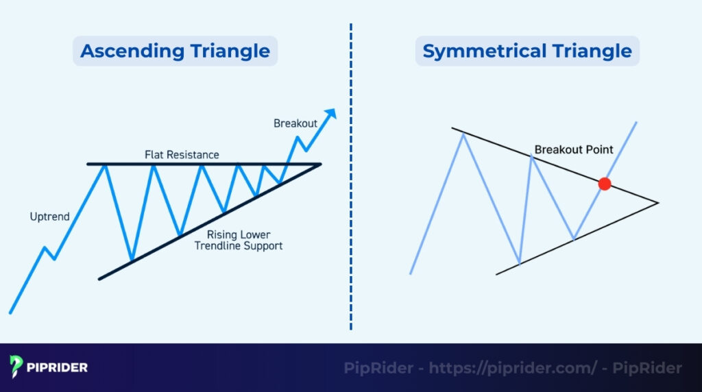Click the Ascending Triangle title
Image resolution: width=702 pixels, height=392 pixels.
click(x=175, y=51)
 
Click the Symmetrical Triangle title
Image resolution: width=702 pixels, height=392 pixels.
click(x=526, y=51)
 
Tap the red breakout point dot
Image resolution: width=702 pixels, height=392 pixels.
click(x=604, y=184)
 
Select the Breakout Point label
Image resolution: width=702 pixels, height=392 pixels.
click(x=573, y=149)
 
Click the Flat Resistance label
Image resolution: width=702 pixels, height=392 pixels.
click(x=182, y=155)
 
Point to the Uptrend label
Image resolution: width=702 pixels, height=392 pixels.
click(x=49, y=217)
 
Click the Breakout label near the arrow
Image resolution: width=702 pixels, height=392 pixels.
click(x=295, y=123)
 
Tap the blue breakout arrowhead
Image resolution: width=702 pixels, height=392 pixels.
click(x=331, y=114)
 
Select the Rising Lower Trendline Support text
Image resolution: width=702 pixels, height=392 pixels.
click(x=239, y=240)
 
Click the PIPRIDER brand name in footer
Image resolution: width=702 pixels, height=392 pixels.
click(x=58, y=368)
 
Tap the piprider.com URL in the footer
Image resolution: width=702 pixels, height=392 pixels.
click(x=513, y=368)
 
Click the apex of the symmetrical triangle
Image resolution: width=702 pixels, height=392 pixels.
click(x=657, y=202)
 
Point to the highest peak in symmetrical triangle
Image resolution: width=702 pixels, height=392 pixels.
click(x=464, y=134)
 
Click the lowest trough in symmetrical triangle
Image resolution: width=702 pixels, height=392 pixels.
click(x=520, y=263)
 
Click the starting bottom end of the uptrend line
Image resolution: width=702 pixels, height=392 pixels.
click(x=10, y=313)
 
